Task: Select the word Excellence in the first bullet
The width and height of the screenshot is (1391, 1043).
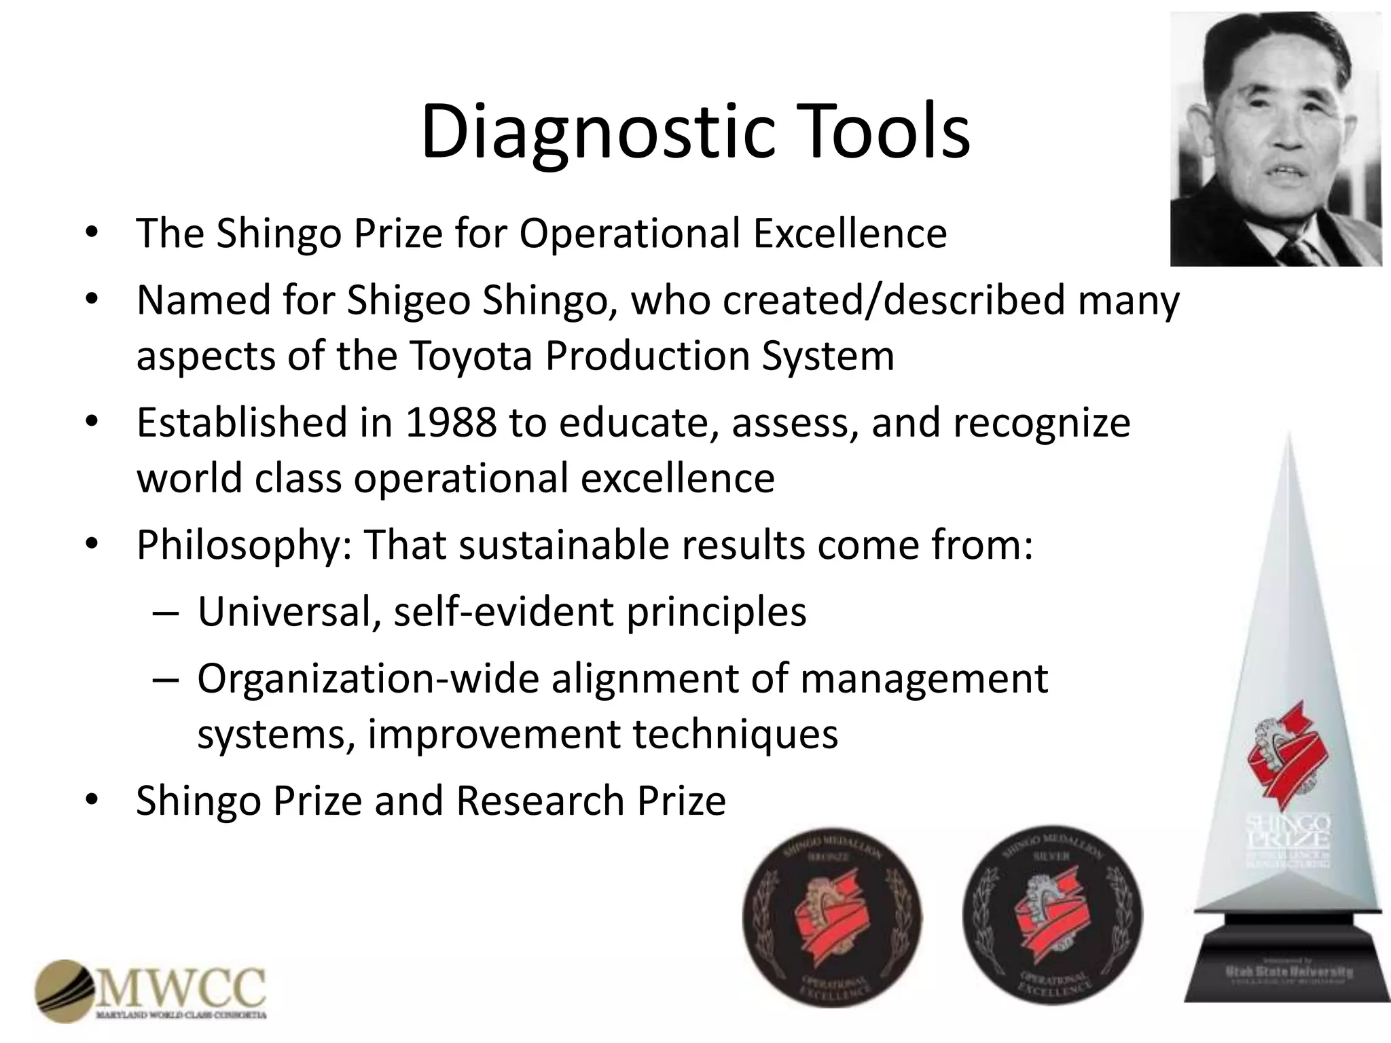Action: coord(849,234)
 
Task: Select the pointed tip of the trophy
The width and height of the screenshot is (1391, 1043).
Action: coord(1288,438)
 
